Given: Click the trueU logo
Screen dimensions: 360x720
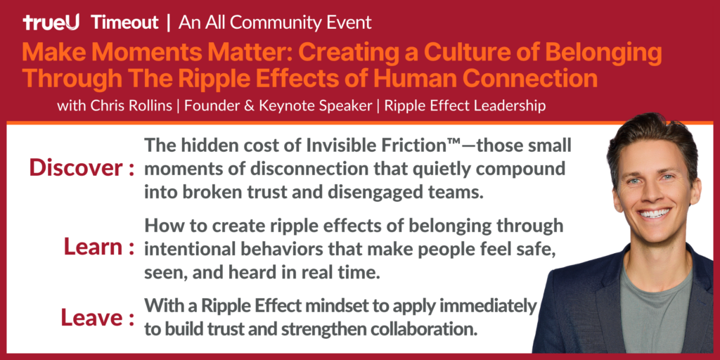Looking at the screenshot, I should [51, 22].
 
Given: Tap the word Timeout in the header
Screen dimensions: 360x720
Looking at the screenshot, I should [124, 22].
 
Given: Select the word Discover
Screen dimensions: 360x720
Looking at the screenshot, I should [76, 168].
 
